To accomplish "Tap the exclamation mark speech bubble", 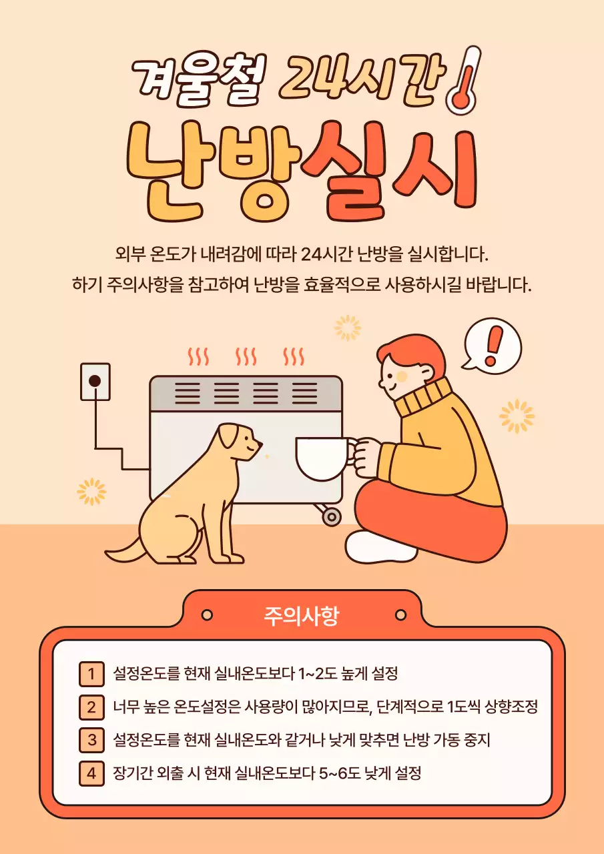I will coord(493,345).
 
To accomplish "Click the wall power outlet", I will coord(95,382).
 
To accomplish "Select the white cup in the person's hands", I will coord(322,458).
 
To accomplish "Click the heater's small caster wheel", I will coord(331,516).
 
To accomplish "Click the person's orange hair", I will coord(414,354).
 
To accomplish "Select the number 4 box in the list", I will coord(91,774).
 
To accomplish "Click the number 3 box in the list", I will coord(91,741).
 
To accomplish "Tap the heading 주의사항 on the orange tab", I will coord(302,615).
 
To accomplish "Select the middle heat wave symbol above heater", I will coord(246,356).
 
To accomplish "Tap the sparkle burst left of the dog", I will coord(91,491).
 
